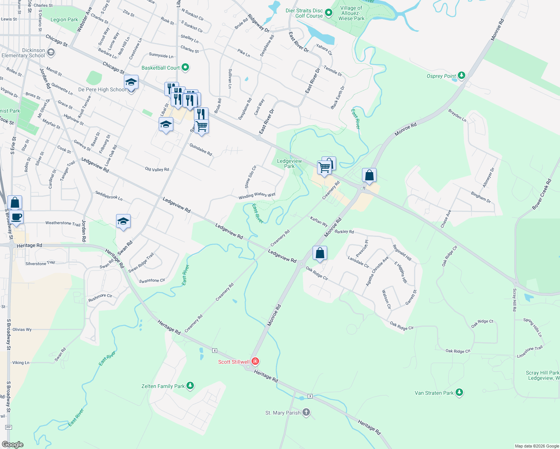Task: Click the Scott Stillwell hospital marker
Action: click(255, 361)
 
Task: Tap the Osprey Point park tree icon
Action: click(462, 76)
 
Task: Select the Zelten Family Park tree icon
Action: click(190, 386)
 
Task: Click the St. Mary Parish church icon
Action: click(306, 412)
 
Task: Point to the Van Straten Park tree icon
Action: click(459, 393)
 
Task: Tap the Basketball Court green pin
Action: click(185, 68)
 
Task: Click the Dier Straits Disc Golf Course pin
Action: click(329, 13)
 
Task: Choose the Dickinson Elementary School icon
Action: click(51, 53)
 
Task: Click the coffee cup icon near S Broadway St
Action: click(16, 217)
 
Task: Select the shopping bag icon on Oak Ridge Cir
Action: click(320, 253)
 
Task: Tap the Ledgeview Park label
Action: click(289, 164)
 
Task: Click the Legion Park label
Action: click(64, 19)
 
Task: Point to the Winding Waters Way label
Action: click(257, 195)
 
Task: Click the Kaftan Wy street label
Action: click(319, 222)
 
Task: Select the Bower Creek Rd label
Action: click(542, 194)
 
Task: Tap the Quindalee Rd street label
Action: click(201, 150)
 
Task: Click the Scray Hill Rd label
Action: click(515, 300)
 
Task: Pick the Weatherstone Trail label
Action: click(63, 223)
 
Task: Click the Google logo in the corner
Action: click(13, 445)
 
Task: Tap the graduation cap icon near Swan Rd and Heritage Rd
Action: click(123, 222)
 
